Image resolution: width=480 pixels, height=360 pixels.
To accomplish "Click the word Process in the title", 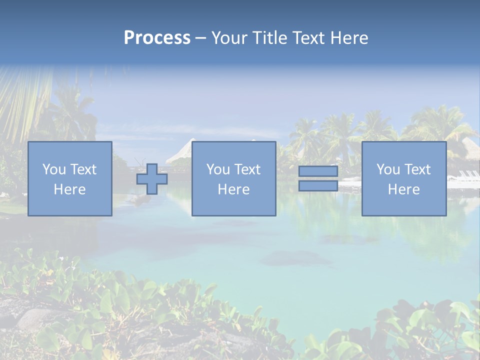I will pyautogui.click(x=157, y=38).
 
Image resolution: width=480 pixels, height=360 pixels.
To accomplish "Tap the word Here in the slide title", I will pyautogui.click(x=348, y=38).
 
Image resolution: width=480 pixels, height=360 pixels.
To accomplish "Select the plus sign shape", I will pyautogui.click(x=152, y=179).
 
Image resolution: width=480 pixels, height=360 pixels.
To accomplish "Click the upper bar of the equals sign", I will pyautogui.click(x=318, y=171).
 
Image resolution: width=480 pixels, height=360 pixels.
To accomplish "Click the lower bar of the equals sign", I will pyautogui.click(x=318, y=186).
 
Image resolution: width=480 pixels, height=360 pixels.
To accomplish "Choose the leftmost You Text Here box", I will pyautogui.click(x=70, y=178).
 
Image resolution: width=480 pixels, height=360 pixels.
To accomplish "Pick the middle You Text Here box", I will pyautogui.click(x=234, y=178).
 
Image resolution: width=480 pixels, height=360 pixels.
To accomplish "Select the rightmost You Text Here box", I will pyautogui.click(x=404, y=178).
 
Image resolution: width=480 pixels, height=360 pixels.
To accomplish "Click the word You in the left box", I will pyautogui.click(x=53, y=169).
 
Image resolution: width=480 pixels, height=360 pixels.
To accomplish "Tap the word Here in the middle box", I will pyautogui.click(x=234, y=189).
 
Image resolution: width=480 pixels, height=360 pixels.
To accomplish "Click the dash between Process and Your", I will pyautogui.click(x=201, y=38).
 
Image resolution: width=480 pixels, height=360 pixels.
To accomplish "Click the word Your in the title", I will pyautogui.click(x=229, y=38).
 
